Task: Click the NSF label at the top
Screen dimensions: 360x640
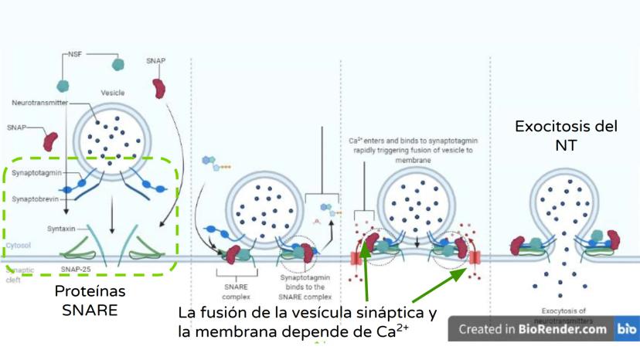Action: click(76, 56)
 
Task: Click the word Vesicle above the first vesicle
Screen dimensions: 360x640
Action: click(113, 93)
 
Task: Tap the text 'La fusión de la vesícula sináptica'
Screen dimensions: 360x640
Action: click(308, 314)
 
